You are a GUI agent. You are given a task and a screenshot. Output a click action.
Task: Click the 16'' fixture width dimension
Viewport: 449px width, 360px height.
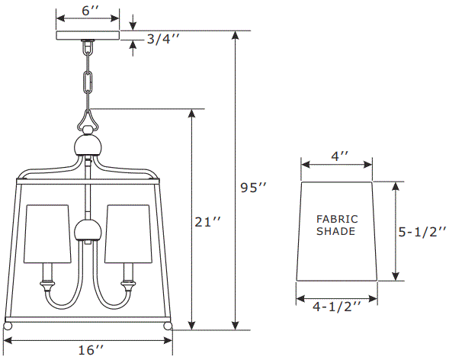coord(90,349)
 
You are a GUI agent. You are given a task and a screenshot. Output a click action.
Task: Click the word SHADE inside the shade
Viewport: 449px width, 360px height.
coord(335,231)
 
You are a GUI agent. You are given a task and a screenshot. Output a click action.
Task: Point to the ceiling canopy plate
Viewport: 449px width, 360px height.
coord(88,34)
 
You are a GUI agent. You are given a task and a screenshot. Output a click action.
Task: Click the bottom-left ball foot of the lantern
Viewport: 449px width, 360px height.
coord(8,326)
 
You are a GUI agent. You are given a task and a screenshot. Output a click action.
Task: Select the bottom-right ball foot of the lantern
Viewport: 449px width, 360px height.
coord(168,326)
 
